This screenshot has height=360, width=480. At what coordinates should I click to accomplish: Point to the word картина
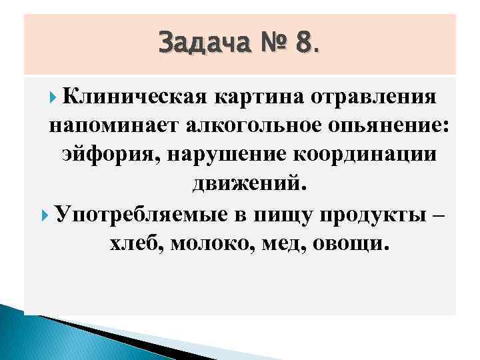(x=262, y=97)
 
